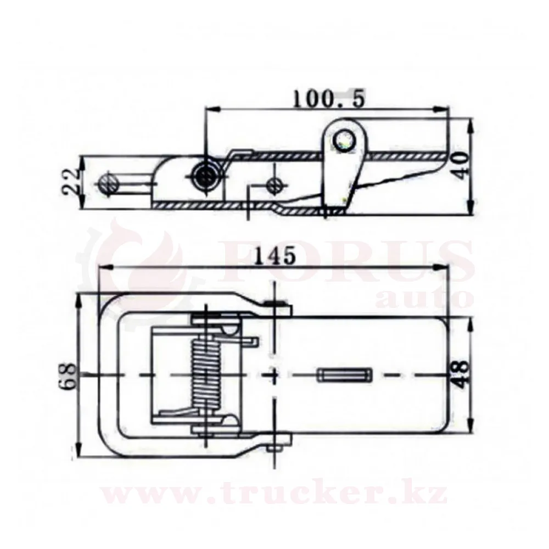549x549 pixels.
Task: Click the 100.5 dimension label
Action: point(328,98)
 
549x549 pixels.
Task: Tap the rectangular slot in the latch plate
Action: point(344,374)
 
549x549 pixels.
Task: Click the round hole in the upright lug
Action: point(344,141)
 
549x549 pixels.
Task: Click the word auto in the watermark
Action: point(424,298)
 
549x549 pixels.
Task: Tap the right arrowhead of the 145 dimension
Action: point(442,268)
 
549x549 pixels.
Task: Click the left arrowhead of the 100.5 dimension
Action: point(212,110)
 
